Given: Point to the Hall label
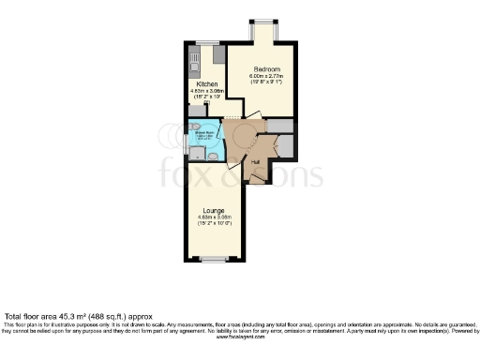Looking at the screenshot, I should [256, 161].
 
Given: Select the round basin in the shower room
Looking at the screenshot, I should [212, 156].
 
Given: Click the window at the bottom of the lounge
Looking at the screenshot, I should [214, 259].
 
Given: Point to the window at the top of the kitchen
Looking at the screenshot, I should [206, 41].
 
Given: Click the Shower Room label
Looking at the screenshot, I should [207, 133].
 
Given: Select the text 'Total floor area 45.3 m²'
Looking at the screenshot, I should [52, 316].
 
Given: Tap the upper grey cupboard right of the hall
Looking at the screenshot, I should [280, 126].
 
